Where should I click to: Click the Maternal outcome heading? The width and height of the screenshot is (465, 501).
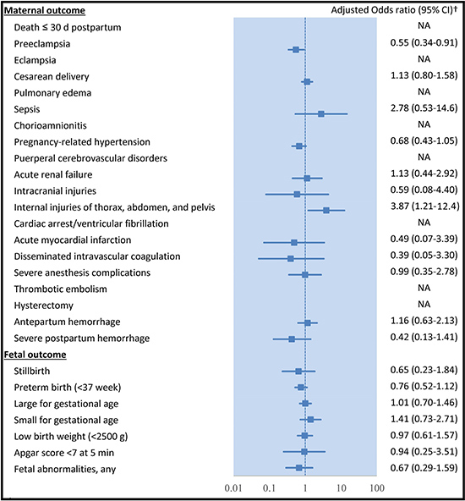[44, 10]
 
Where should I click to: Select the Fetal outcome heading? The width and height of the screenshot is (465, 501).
[36, 355]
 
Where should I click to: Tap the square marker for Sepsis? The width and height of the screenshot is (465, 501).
[321, 113]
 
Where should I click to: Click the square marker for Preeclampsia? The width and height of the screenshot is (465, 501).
[296, 50]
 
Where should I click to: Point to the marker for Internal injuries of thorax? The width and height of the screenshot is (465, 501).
[326, 210]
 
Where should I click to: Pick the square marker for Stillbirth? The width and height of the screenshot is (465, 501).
[298, 372]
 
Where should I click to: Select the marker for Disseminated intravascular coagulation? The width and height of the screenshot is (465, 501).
[291, 258]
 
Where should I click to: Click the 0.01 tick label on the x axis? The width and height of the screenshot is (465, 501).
[233, 488]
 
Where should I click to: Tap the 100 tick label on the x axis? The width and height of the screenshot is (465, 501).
[377, 488]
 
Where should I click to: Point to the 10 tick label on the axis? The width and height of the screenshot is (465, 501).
[342, 488]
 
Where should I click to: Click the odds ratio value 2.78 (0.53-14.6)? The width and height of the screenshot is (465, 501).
[424, 108]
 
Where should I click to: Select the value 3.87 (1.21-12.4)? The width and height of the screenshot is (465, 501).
[424, 206]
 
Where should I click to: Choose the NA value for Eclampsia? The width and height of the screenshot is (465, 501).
[424, 59]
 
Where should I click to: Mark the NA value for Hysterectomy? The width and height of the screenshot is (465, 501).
[424, 304]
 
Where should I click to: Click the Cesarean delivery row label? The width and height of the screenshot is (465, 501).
[52, 77]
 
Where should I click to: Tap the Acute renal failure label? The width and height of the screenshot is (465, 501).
[53, 174]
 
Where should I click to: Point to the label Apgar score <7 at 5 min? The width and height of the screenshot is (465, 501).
[63, 453]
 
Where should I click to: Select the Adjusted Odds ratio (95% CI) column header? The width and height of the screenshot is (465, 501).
[394, 10]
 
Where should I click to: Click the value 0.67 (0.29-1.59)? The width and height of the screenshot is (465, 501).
[424, 468]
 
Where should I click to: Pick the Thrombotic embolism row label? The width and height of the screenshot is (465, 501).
[60, 289]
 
